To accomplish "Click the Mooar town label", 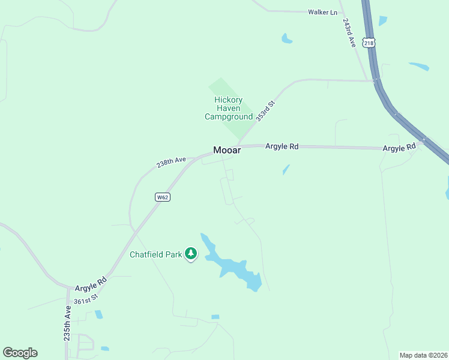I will point(227,151).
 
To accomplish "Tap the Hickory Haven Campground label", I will point(228,108).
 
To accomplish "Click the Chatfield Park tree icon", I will point(191,254).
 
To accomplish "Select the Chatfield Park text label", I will point(155,254).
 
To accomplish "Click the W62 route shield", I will point(162,197).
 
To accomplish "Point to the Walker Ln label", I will point(322,12).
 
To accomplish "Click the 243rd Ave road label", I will point(350,32).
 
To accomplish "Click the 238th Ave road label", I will point(172,162).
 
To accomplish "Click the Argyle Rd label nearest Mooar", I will point(282,146).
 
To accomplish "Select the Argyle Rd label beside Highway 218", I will point(399,148).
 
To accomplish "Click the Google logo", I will point(20,353).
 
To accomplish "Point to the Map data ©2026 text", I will point(423,355).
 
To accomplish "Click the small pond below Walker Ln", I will point(286,39).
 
